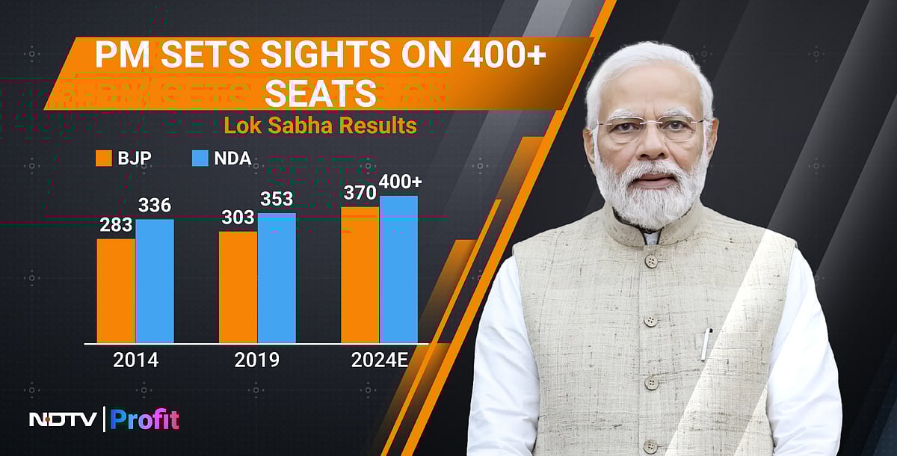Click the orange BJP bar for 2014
[116, 291]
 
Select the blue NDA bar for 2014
[155, 281]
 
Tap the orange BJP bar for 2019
[238, 287]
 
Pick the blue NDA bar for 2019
[277, 278]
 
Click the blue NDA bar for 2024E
[398, 269]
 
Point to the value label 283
[116, 225]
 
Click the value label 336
[155, 205]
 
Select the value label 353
[277, 199]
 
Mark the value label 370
[359, 193]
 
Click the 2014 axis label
[135, 360]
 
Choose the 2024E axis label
[379, 360]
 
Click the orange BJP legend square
[103, 158]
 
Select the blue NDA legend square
[200, 158]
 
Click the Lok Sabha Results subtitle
[320, 125]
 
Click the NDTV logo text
[63, 419]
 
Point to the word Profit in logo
[145, 419]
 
